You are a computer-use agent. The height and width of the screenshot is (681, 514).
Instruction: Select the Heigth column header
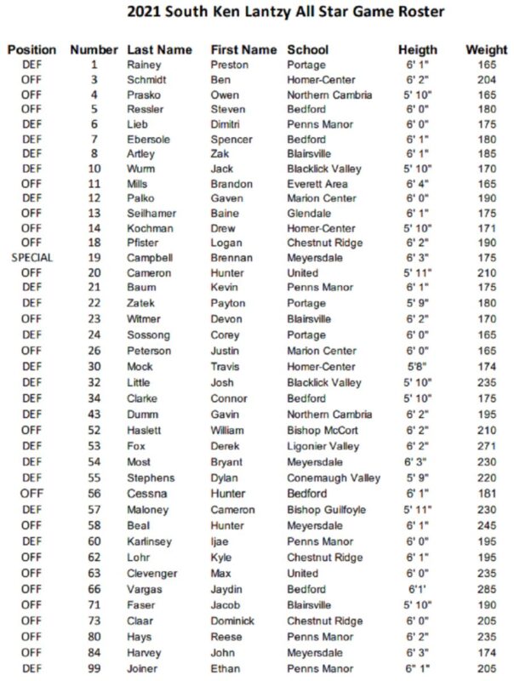click(x=418, y=49)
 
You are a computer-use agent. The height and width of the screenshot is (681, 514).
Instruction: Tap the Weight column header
click(x=487, y=49)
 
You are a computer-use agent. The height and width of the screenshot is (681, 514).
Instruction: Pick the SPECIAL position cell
click(x=31, y=257)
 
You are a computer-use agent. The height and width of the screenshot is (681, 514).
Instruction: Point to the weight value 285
click(x=487, y=588)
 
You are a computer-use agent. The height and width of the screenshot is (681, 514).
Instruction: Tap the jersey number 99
click(x=94, y=668)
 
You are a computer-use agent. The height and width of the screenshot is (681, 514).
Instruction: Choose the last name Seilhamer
click(x=152, y=213)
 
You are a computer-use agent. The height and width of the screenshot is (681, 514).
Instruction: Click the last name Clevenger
click(x=153, y=573)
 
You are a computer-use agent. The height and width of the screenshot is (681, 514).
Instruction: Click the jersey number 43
click(x=94, y=415)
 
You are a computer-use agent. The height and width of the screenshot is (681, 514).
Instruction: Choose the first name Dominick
click(x=232, y=620)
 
